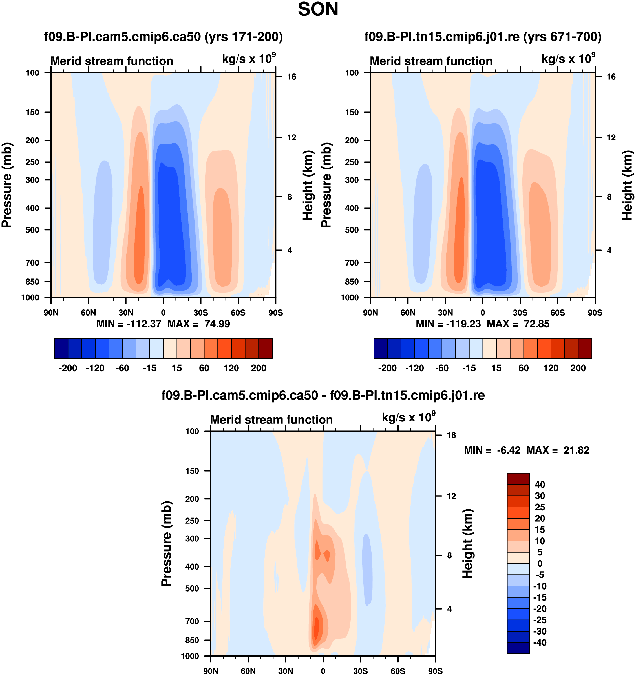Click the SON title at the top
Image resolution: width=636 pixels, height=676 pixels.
pyautogui.click(x=318, y=10)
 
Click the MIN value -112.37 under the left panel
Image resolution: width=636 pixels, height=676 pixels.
pyautogui.click(x=144, y=324)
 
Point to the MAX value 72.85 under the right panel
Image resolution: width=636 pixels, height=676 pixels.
pyautogui.click(x=536, y=324)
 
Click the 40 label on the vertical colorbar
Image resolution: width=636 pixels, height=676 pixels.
pyautogui.click(x=540, y=485)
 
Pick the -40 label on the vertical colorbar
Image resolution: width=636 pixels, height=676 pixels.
pyautogui.click(x=539, y=643)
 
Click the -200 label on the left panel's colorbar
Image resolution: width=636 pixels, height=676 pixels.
pyautogui.click(x=68, y=368)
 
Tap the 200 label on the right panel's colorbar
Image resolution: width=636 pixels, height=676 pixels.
pyautogui.click(x=578, y=368)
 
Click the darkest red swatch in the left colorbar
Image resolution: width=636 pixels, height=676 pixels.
pyautogui.click(x=266, y=348)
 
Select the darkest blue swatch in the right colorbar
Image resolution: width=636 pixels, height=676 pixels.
pyautogui.click(x=381, y=348)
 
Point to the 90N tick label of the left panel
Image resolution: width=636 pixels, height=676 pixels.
pyautogui.click(x=51, y=313)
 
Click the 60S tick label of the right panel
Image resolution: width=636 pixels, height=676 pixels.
pyautogui.click(x=558, y=313)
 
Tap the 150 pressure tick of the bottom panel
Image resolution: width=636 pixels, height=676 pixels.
pyautogui.click(x=192, y=471)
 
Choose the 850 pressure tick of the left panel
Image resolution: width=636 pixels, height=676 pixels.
pyautogui.click(x=32, y=282)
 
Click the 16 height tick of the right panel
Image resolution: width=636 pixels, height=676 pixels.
pyautogui.click(x=611, y=77)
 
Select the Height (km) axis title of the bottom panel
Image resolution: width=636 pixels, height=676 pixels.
pyautogui.click(x=468, y=544)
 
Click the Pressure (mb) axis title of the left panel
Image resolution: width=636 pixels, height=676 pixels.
pyautogui.click(x=7, y=185)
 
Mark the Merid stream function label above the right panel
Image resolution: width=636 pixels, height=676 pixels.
pyautogui.click(x=431, y=61)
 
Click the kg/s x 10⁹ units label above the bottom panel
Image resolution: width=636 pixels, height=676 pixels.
pyautogui.click(x=408, y=418)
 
